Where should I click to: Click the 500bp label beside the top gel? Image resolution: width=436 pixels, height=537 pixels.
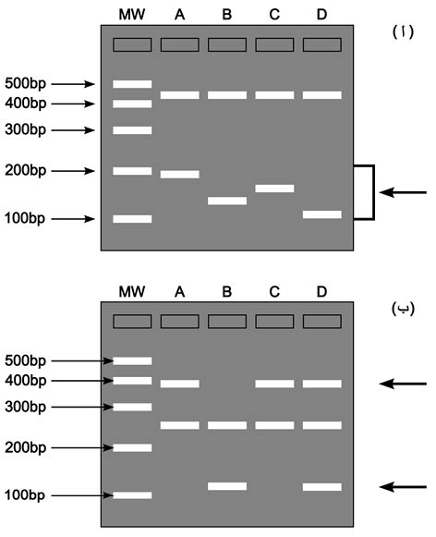click(x=25, y=83)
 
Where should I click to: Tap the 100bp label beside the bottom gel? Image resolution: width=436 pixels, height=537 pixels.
click(x=25, y=494)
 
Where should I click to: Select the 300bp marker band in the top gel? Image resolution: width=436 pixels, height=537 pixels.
click(x=132, y=130)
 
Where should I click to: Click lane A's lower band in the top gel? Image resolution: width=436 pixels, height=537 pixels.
click(x=180, y=175)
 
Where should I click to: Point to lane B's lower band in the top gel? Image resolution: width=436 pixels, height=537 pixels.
click(x=227, y=201)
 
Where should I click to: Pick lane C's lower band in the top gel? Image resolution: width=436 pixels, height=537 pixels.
click(x=274, y=189)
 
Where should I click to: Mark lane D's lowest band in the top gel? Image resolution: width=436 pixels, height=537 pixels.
click(x=322, y=214)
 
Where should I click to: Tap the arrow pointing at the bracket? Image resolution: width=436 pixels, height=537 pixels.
click(x=403, y=192)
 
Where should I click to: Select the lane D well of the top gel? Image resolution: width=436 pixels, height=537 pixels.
click(x=322, y=45)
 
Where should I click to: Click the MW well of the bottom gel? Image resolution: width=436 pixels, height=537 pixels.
click(x=132, y=322)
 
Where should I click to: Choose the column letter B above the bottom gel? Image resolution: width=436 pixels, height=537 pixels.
click(x=227, y=292)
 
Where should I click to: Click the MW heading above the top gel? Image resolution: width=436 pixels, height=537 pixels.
click(x=132, y=15)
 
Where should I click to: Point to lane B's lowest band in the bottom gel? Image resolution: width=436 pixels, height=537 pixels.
click(x=227, y=486)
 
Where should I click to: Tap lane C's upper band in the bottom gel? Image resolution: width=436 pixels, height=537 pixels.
click(x=274, y=384)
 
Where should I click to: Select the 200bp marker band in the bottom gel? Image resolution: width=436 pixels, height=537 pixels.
click(x=132, y=447)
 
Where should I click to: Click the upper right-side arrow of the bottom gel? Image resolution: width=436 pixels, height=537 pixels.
click(x=403, y=384)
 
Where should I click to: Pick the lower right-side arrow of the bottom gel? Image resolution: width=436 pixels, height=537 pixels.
click(x=403, y=487)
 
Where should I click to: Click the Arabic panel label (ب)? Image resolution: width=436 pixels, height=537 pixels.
click(x=403, y=309)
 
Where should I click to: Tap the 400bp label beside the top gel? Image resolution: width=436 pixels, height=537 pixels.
click(x=25, y=104)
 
